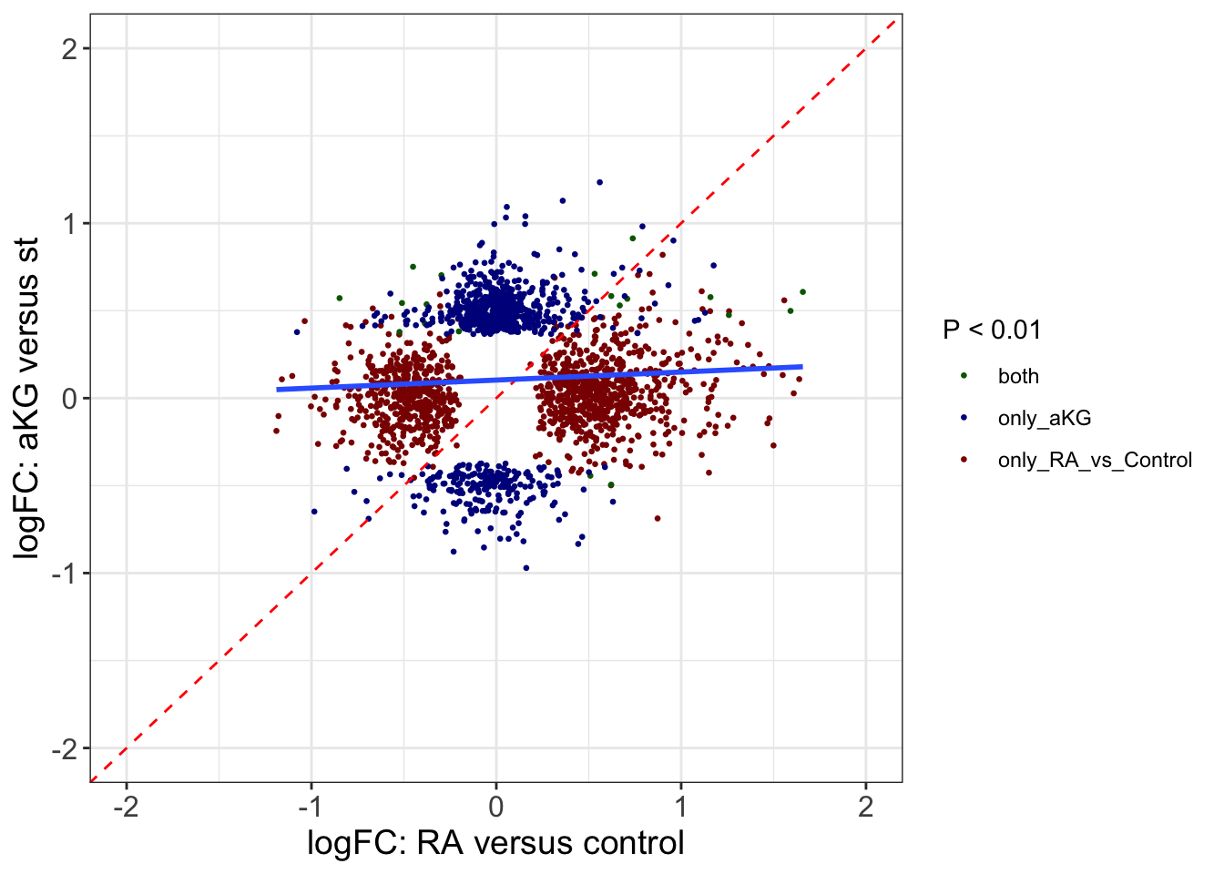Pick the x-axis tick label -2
pos(126,807)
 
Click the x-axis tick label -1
pos(311,807)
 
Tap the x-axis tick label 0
pos(495,807)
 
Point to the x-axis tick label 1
pos(680,807)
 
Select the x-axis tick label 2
pos(865,807)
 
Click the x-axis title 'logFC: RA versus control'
pos(495,844)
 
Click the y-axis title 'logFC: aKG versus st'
pos(27,399)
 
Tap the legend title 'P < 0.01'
pos(992,330)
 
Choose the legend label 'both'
pos(1018,377)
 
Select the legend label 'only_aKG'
pos(1044,419)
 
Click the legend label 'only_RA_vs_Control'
pos(1095,461)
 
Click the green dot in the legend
pos(964,376)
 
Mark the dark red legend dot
pos(964,460)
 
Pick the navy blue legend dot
pos(964,418)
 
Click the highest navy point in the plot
pos(599,182)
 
